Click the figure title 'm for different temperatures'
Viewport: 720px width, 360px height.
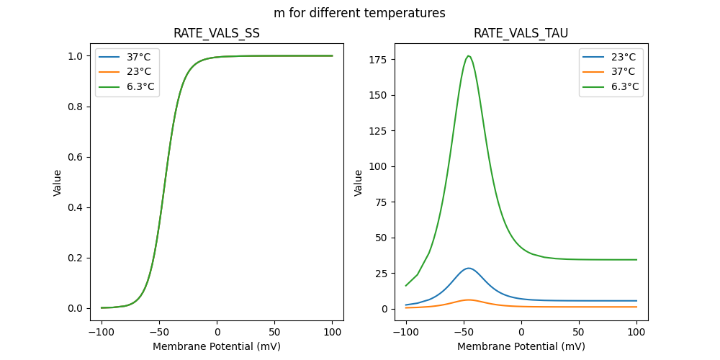[359, 13]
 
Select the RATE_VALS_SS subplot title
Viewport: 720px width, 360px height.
[217, 33]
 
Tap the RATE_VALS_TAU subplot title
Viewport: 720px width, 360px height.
[521, 33]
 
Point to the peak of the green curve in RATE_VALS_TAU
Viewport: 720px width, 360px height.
[469, 56]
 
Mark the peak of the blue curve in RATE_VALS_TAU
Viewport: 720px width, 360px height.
[469, 269]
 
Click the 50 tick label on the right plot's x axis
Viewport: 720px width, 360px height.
[579, 333]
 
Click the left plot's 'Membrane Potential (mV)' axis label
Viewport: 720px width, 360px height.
[217, 346]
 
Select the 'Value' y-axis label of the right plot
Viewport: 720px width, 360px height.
[358, 183]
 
